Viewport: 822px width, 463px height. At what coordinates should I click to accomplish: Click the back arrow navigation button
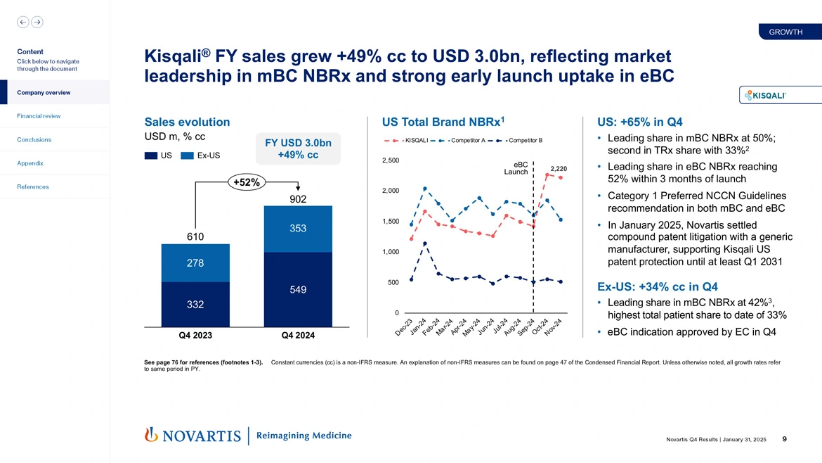[23, 22]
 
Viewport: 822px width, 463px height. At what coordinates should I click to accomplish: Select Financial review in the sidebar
[39, 116]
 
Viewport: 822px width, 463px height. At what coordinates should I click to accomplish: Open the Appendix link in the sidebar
[30, 163]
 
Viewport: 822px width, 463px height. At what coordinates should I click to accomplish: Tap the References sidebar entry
[34, 186]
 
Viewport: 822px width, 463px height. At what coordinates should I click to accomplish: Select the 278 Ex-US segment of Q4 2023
[195, 263]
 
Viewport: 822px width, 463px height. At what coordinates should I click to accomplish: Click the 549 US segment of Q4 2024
[297, 289]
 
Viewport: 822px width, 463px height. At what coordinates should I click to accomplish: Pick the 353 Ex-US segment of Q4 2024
[297, 229]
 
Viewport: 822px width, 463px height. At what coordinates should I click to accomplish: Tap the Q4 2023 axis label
[195, 336]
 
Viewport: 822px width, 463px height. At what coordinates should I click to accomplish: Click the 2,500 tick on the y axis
[390, 160]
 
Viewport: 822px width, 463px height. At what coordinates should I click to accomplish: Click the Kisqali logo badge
[765, 95]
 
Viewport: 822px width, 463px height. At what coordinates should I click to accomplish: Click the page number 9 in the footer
[783, 440]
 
